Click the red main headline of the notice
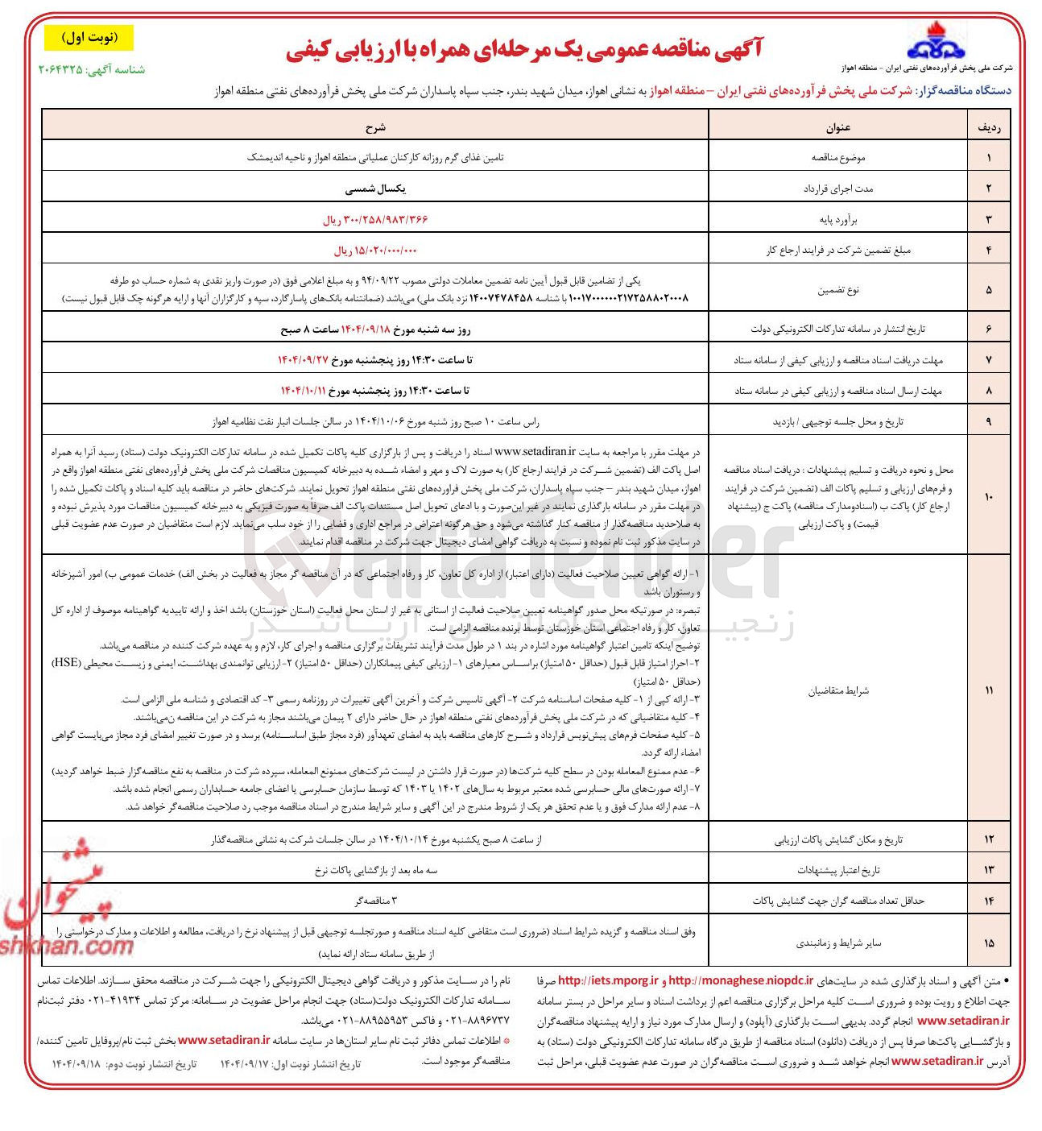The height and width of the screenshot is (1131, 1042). (523, 50)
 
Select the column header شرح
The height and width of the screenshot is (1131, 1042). (375, 126)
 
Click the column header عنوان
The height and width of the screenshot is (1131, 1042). (837, 126)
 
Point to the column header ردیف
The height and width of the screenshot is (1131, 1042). (989, 126)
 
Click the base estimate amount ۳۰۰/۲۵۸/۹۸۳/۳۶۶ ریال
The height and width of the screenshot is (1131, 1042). (375, 219)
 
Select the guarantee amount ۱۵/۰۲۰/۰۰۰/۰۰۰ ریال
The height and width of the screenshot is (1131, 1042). (375, 251)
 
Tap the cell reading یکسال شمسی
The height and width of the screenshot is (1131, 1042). (375, 188)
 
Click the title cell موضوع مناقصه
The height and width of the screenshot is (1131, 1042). (837, 157)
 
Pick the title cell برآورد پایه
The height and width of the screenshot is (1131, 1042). (837, 219)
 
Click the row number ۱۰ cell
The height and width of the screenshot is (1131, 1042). (989, 497)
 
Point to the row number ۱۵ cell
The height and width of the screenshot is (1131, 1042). (989, 942)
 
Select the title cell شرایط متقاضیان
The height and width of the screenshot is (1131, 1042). (837, 690)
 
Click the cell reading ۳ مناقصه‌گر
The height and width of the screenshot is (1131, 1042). (375, 900)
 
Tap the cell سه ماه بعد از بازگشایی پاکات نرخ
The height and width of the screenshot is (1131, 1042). (375, 870)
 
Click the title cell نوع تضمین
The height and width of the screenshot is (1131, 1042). (837, 289)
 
